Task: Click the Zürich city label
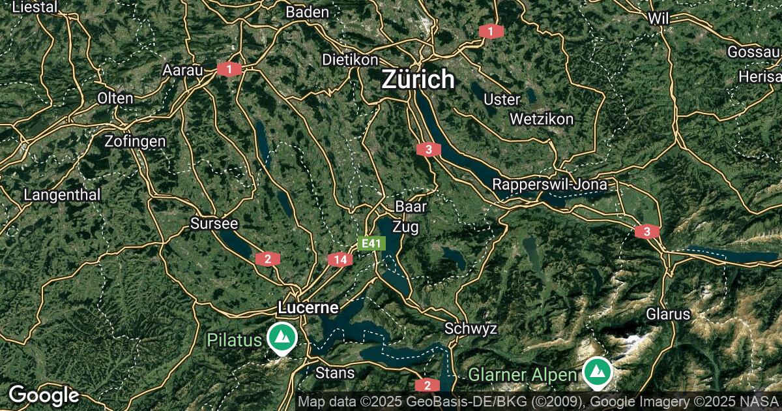pos(418,80)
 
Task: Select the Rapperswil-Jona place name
pos(549,185)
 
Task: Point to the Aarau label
pos(183,70)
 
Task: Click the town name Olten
pos(115,99)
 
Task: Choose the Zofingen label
pos(135,141)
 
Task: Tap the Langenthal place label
pos(63,194)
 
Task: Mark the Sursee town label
pos(214,224)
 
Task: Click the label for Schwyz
pos(471,328)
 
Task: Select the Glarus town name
pos(668,314)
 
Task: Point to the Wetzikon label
pos(542,119)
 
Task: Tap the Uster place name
pos(502,100)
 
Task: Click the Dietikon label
pos(350,59)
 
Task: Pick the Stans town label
pos(335,373)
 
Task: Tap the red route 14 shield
pos(340,260)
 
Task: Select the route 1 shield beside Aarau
pos(229,68)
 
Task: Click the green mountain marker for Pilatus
pos(282,338)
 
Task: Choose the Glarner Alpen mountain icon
pos(596,373)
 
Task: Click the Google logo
pos(44,395)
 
